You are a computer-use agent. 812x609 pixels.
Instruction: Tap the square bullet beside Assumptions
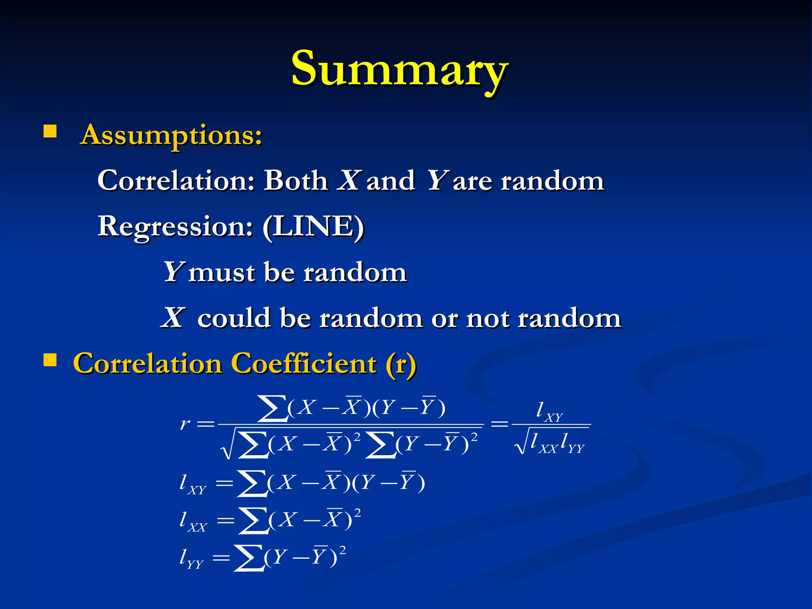pyautogui.click(x=50, y=131)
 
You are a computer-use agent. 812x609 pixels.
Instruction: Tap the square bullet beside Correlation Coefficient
pyautogui.click(x=50, y=360)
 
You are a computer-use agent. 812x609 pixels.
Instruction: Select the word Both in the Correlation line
pyautogui.click(x=296, y=181)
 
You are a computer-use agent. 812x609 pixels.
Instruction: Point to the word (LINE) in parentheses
pyautogui.click(x=313, y=227)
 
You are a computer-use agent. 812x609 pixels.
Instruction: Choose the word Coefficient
pyautogui.click(x=303, y=364)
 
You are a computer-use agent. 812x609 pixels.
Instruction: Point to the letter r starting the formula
pyautogui.click(x=185, y=424)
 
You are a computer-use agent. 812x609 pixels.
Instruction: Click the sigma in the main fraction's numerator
pyautogui.click(x=272, y=408)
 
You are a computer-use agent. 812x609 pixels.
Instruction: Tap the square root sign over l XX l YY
pyautogui.click(x=521, y=443)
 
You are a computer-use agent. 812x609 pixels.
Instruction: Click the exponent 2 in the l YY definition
pyautogui.click(x=343, y=550)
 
